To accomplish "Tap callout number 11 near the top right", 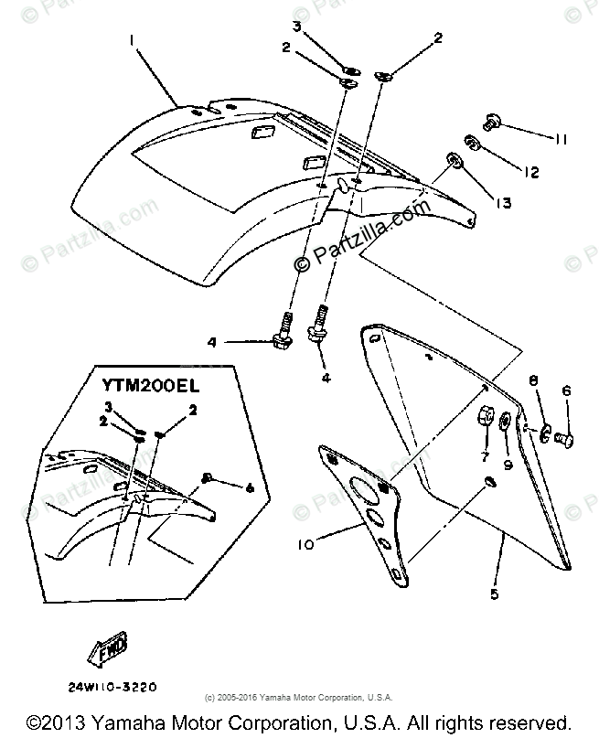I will click(x=561, y=139).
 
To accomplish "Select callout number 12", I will click(x=531, y=171).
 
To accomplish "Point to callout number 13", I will click(x=504, y=201).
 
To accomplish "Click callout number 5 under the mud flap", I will click(x=495, y=595).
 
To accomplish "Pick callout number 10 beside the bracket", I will click(x=305, y=546).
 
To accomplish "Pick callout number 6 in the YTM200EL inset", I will click(x=249, y=487).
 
